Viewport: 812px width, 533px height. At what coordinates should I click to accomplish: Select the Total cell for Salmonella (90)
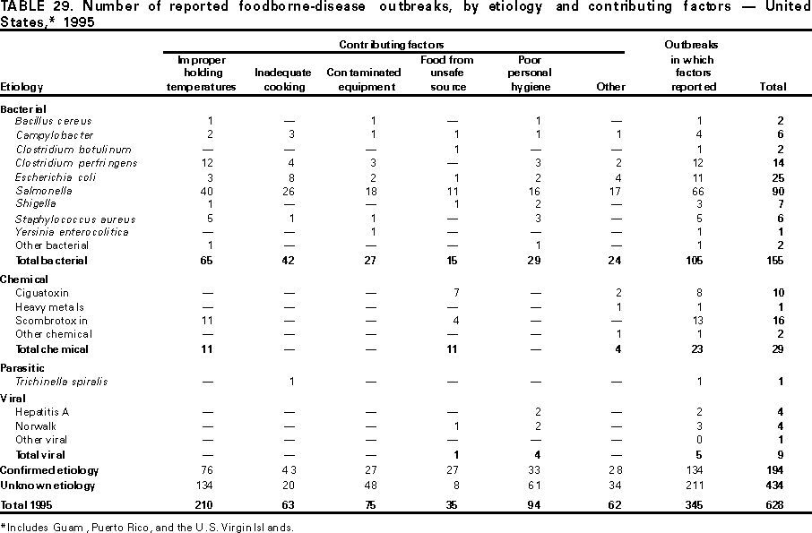(x=778, y=191)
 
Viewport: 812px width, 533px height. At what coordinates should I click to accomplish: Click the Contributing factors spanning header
(x=391, y=44)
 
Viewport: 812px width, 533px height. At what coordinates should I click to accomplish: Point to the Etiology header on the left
(x=22, y=87)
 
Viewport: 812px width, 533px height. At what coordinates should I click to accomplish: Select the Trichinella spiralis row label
(x=61, y=382)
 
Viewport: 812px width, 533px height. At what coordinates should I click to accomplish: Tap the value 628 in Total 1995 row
(x=776, y=505)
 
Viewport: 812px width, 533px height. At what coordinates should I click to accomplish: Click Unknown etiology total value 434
(x=776, y=485)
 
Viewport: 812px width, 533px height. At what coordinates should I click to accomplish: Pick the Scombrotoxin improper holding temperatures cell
(x=209, y=321)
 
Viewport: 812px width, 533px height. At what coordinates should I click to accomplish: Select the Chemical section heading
(x=24, y=279)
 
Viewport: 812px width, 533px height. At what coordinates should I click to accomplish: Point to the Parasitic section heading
(x=22, y=368)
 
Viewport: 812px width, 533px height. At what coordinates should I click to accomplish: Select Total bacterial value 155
(x=776, y=261)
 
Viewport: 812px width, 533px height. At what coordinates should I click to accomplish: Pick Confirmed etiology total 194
(x=776, y=470)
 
